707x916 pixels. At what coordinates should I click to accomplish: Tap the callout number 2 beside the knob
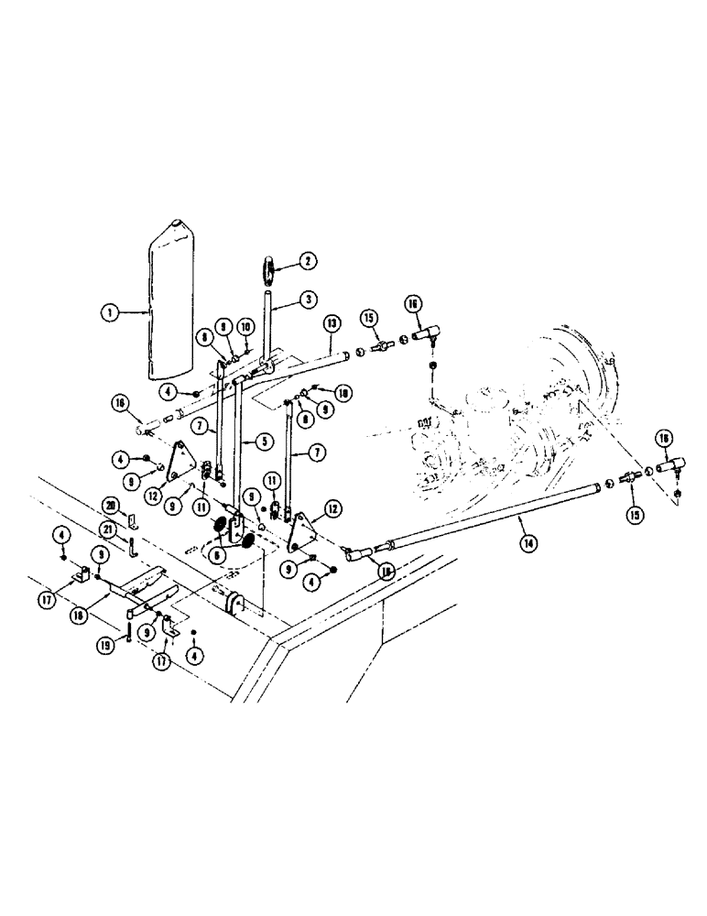click(308, 261)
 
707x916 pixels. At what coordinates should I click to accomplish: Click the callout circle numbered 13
click(332, 323)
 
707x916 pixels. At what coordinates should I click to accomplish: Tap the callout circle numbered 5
click(263, 441)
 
